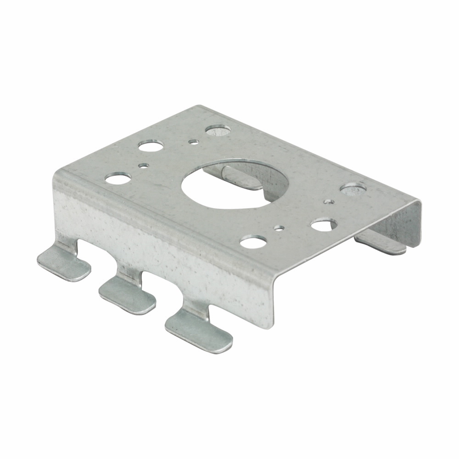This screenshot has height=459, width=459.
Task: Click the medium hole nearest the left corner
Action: (115, 178)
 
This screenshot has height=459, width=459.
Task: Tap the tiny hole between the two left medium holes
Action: (144, 165)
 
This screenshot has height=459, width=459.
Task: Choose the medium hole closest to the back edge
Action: (217, 130)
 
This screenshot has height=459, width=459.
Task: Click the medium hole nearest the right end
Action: (353, 188)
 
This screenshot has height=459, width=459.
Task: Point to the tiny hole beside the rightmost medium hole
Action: (329, 201)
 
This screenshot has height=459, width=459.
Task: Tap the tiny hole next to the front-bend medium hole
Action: (278, 227)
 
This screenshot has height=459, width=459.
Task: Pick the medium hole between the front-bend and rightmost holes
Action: (324, 224)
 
